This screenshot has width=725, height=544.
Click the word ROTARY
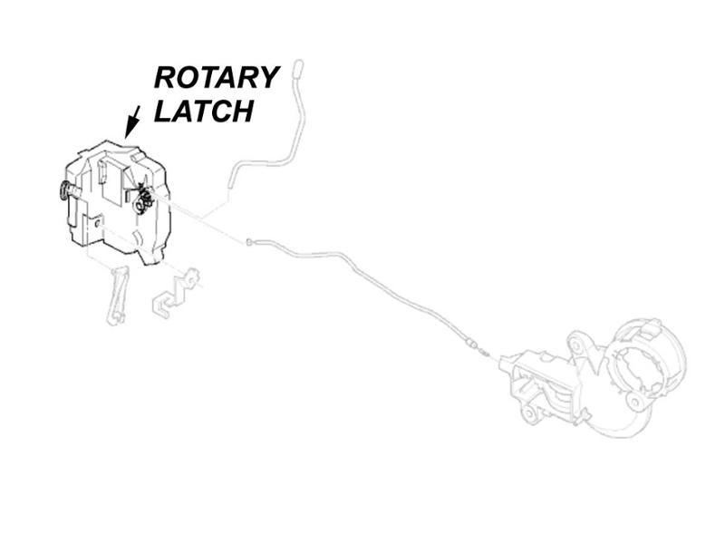[217, 77]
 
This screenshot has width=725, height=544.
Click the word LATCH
[204, 111]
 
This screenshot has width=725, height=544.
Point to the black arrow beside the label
[132, 121]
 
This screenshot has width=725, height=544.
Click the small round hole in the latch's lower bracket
[98, 223]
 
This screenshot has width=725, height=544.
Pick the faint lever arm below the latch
[118, 295]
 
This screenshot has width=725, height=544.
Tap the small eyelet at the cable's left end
[248, 240]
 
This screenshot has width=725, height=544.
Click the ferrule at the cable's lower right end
[471, 345]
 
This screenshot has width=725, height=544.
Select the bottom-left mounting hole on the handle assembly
[528, 413]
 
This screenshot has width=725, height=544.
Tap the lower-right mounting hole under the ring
[637, 402]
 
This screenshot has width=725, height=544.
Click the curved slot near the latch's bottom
[137, 238]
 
